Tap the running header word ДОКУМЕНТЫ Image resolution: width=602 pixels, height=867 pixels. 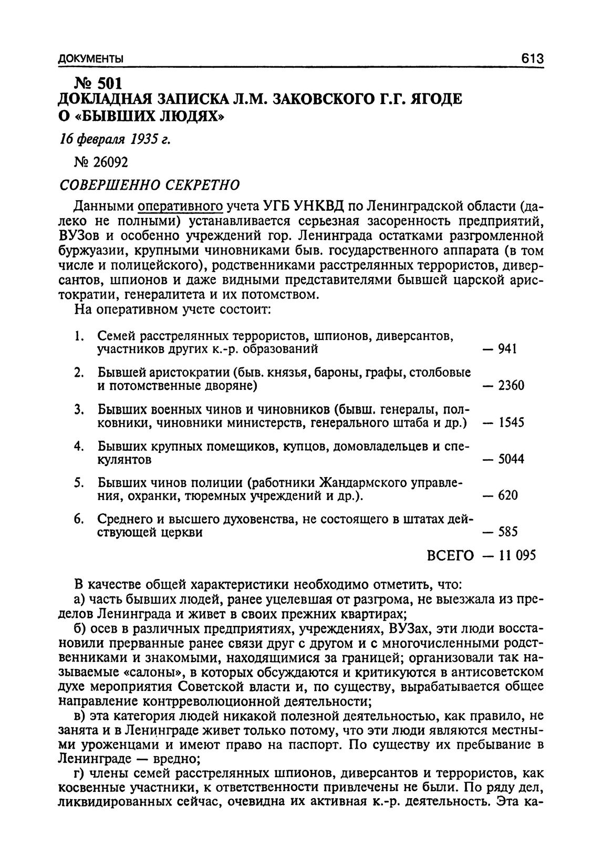coord(91,58)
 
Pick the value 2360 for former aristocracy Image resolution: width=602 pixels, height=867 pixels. coord(511,386)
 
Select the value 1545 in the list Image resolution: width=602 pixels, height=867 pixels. coord(511,423)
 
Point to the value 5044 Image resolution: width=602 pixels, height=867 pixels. coord(511,460)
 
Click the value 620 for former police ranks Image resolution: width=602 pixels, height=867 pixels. coord(507,496)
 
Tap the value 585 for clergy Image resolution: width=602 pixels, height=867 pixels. coord(507,532)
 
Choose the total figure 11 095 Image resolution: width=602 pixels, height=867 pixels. coord(517,556)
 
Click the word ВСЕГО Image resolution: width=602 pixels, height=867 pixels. coord(450,556)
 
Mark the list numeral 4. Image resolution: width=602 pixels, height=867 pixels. coord(77,446)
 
